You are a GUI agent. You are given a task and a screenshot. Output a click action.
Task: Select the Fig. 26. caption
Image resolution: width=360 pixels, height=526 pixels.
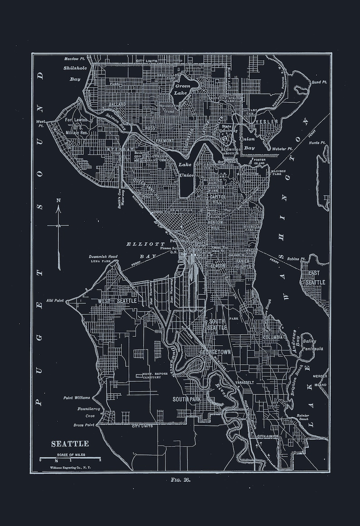180,479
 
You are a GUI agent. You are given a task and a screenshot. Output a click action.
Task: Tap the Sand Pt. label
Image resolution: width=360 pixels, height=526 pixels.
319,83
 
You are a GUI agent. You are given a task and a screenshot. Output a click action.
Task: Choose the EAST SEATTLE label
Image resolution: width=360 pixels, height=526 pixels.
316,278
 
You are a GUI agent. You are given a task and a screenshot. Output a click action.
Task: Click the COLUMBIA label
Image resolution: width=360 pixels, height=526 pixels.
273,337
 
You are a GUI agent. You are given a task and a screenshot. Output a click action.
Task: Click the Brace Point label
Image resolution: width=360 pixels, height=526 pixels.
84,425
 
